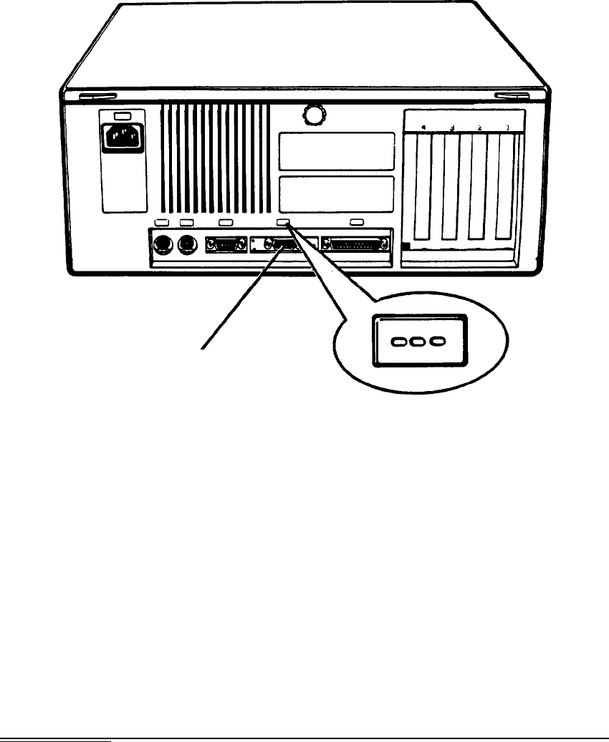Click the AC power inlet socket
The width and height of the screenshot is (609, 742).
(x=121, y=136)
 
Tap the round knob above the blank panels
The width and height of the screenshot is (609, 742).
(x=312, y=113)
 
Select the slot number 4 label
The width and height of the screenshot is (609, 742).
(x=423, y=127)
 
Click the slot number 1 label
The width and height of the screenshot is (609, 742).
(x=508, y=127)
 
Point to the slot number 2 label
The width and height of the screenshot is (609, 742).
(x=479, y=127)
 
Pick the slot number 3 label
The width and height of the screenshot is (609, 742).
(x=452, y=127)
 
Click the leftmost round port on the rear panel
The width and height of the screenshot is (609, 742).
(x=161, y=244)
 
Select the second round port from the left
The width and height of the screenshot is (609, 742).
(x=188, y=244)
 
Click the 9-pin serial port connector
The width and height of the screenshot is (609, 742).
(x=225, y=244)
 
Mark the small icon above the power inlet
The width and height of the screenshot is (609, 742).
(x=121, y=116)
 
